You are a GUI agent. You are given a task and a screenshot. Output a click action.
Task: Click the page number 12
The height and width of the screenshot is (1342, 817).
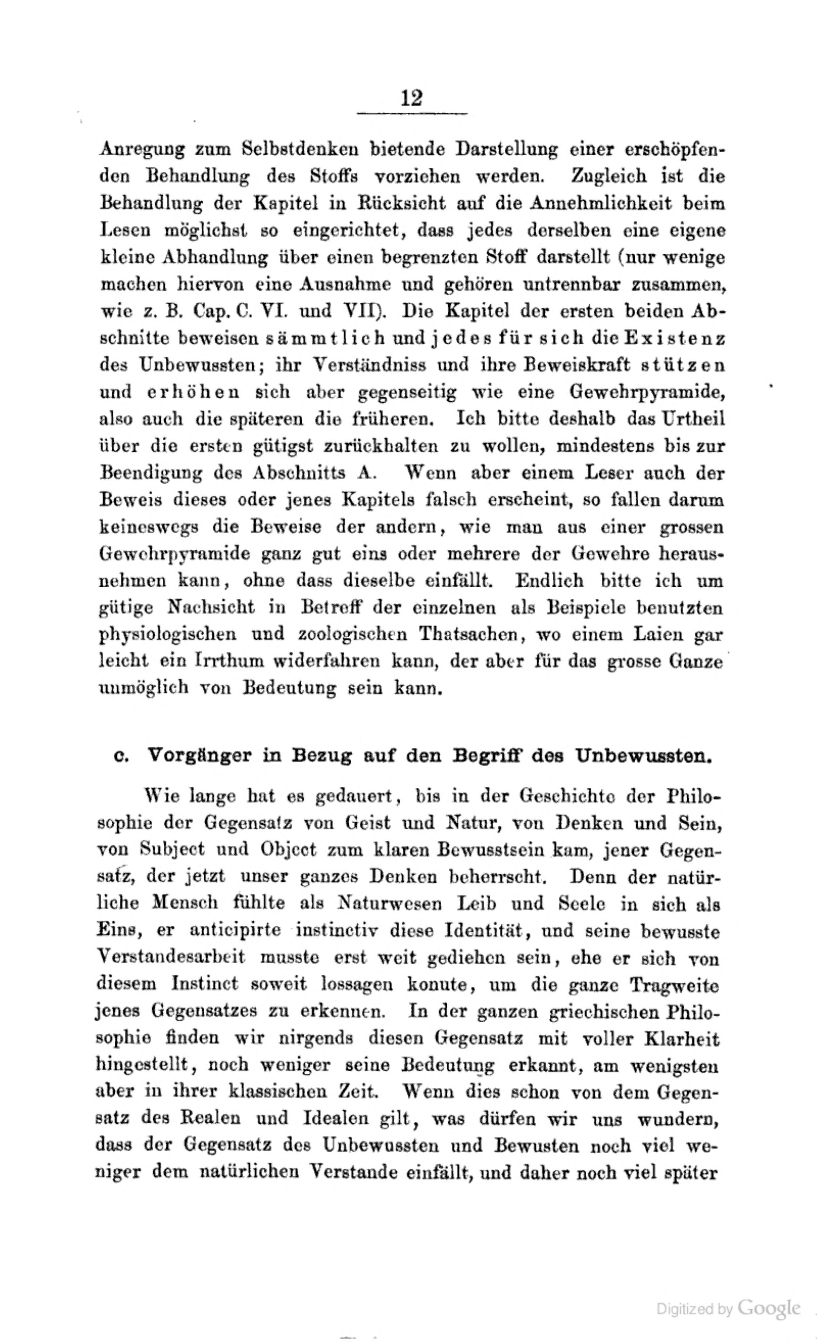[x=411, y=99]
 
